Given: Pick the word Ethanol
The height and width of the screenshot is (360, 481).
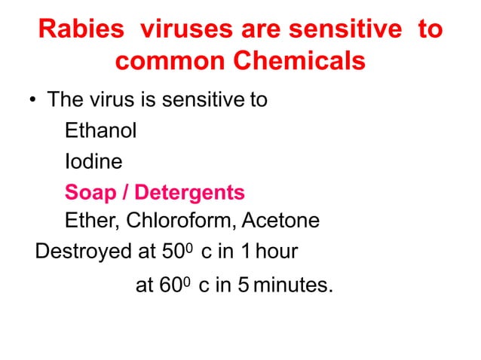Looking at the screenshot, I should (100, 131).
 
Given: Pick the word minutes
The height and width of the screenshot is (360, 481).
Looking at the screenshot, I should (294, 286).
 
